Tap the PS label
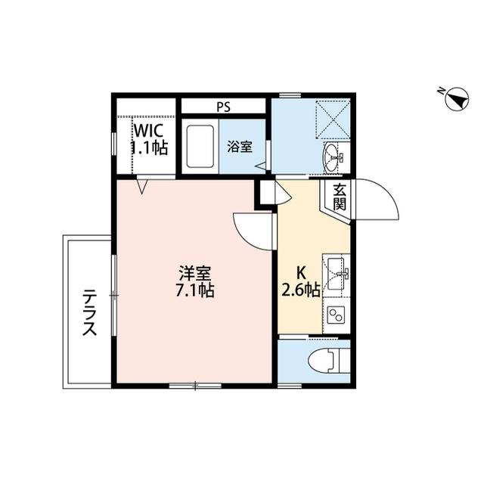(223, 107)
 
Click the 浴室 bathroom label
(240, 147)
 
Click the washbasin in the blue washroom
(333, 158)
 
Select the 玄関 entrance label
(340, 197)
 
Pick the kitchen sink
(337, 271)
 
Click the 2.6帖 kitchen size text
(301, 290)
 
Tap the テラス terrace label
(89, 312)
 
